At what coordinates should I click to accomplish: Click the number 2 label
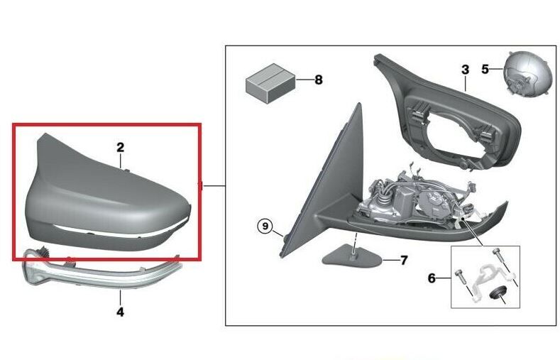121,147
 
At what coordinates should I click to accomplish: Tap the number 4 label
121,312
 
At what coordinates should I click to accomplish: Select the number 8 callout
319,80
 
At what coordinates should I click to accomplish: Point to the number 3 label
465,70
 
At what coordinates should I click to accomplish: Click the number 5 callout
485,69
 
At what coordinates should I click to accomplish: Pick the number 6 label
432,278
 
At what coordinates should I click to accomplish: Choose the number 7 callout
404,261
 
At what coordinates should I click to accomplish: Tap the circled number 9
265,226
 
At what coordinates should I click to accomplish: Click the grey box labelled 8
270,83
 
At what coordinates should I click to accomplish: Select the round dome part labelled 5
525,74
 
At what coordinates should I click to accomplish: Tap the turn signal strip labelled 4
100,271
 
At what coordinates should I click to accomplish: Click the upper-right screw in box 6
497,254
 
